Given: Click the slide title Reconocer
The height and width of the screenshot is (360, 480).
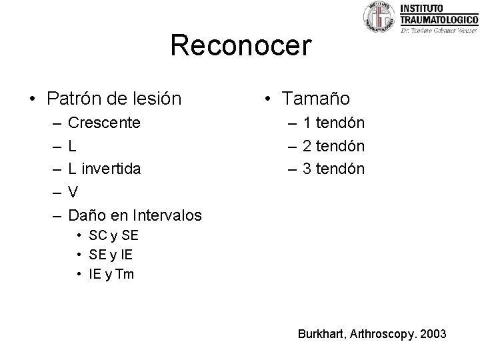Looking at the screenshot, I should pyautogui.click(x=241, y=46).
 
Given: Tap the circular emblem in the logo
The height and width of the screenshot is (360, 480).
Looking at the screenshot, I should pyautogui.click(x=379, y=17).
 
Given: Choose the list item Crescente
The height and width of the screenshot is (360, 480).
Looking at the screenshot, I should pyautogui.click(x=105, y=123).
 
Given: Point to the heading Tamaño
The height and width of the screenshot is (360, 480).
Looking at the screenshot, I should pyautogui.click(x=315, y=99).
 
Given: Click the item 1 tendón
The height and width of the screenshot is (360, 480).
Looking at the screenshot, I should pyautogui.click(x=333, y=123).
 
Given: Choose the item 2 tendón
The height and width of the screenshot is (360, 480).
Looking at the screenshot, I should pyautogui.click(x=333, y=145).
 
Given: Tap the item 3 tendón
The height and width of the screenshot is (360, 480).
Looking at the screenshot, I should pyautogui.click(x=333, y=169).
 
